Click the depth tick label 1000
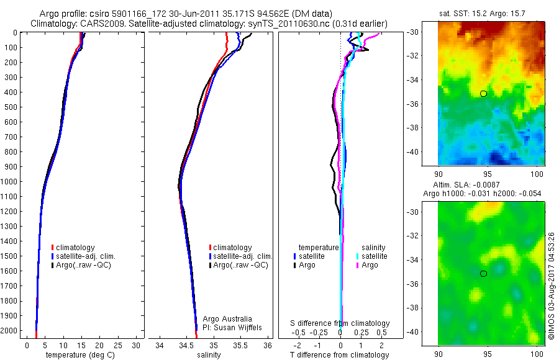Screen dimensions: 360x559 11,182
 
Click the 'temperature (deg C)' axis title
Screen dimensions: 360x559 79,355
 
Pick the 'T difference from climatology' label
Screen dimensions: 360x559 340,355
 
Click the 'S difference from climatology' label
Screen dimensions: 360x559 340,323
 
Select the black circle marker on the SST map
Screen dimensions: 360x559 483,94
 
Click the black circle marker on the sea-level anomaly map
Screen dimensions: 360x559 483,274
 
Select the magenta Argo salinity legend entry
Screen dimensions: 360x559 367,265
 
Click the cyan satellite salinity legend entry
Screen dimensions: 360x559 371,256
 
